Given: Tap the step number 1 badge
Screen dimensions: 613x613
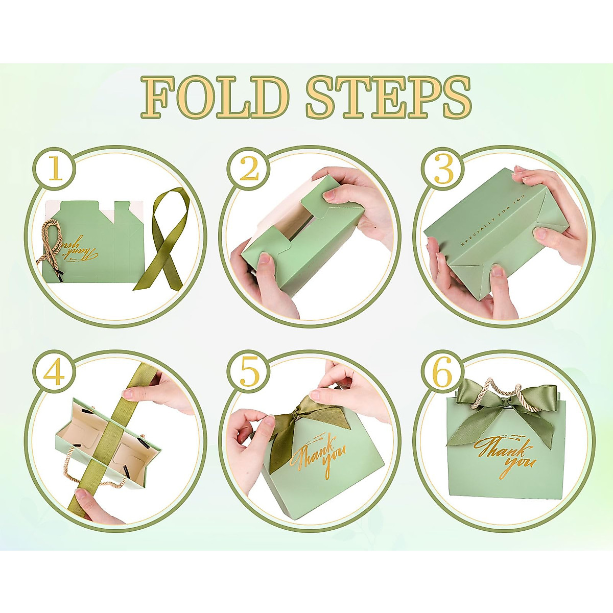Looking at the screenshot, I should (55, 170).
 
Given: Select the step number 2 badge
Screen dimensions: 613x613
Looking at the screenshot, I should (249, 170).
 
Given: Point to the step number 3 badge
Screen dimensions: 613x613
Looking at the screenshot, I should (443, 170).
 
